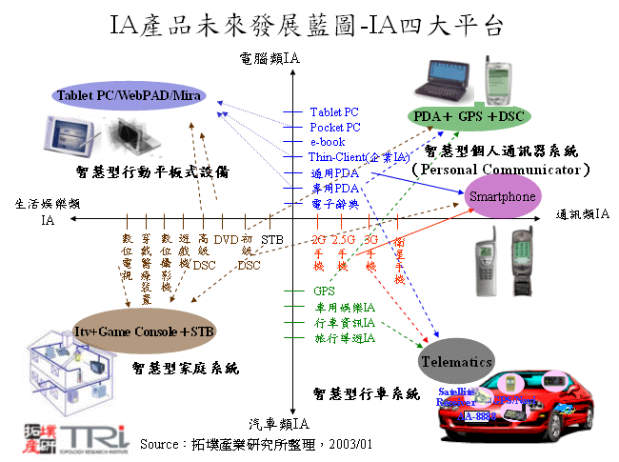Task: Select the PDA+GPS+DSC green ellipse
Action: (x=469, y=116)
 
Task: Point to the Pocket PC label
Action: (x=335, y=127)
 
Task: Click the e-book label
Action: (x=328, y=141)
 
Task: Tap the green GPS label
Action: (x=324, y=291)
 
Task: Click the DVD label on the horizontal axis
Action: (x=226, y=239)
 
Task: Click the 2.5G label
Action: (x=343, y=239)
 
